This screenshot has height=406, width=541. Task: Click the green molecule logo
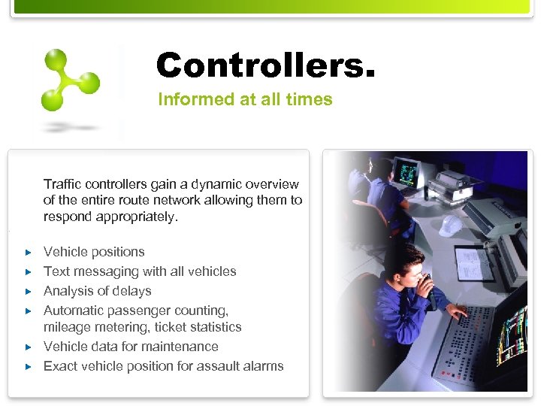71,80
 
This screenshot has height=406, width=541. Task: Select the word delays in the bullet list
133,291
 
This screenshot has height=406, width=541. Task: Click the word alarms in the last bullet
260,366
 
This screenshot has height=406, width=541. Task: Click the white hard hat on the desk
451,225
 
